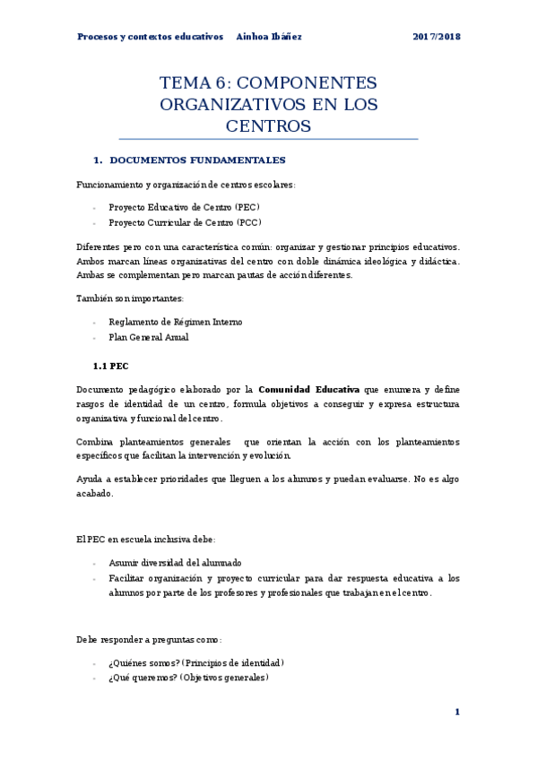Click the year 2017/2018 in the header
click(437, 37)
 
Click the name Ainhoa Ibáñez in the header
click(269, 37)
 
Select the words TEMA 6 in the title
click(188, 83)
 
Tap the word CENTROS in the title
click(268, 126)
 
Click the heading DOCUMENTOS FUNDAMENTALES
click(196, 160)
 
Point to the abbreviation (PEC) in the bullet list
click(247, 206)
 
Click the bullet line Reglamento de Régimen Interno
click(175, 322)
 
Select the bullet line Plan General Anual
click(148, 338)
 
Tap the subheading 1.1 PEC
click(111, 366)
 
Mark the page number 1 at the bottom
click(457, 712)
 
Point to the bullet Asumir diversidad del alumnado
click(175, 563)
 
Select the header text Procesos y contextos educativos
click(150, 37)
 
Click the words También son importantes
click(131, 298)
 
